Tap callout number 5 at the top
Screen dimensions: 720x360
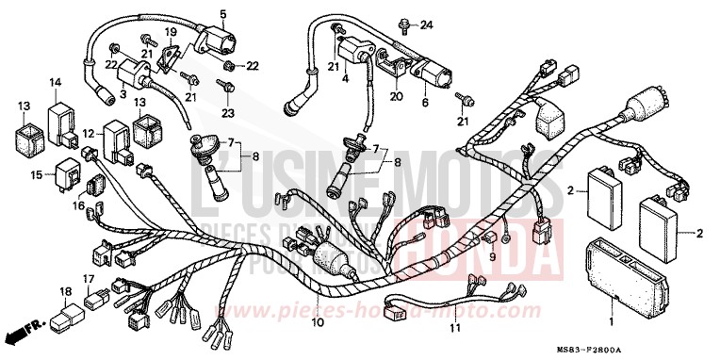pyautogui.click(x=223, y=14)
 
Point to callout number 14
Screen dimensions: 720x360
pyautogui.click(x=56, y=83)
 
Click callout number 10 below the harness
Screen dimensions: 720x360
pyautogui.click(x=317, y=322)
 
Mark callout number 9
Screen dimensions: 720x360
pyautogui.click(x=491, y=255)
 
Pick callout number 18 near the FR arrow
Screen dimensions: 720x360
pyautogui.click(x=65, y=294)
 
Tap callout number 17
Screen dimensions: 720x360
pyautogui.click(x=87, y=279)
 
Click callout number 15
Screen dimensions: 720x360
pyautogui.click(x=35, y=174)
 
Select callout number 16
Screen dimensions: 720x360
pyautogui.click(x=79, y=205)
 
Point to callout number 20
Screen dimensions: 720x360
pyautogui.click(x=397, y=94)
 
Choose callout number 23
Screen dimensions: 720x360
pyautogui.click(x=225, y=113)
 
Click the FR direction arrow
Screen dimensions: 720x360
pyautogui.click(x=19, y=333)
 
